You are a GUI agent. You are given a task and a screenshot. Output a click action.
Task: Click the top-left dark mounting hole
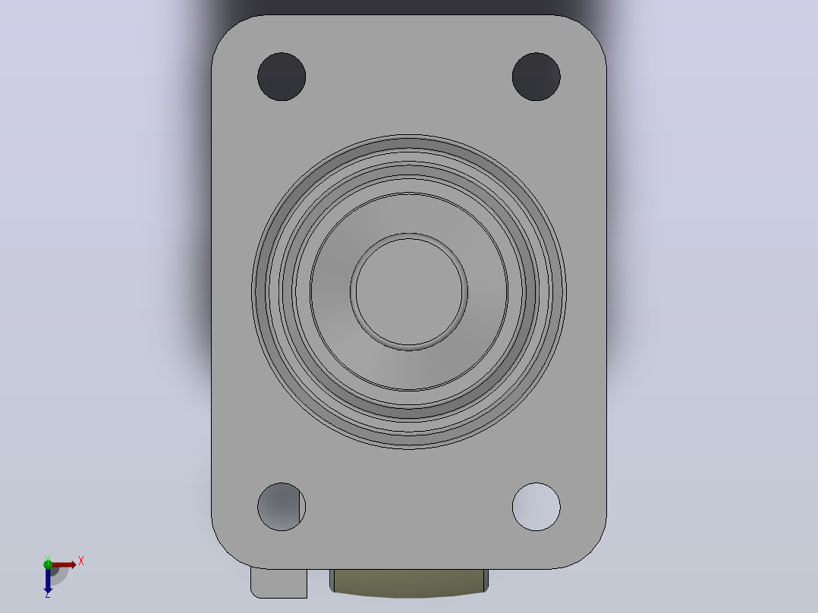(282, 77)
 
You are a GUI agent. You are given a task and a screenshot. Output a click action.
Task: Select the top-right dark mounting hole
(536, 77)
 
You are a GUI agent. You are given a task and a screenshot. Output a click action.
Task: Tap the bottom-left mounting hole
(282, 507)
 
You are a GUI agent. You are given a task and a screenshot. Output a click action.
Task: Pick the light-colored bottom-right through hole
(536, 507)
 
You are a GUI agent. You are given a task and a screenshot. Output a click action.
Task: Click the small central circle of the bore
(409, 291)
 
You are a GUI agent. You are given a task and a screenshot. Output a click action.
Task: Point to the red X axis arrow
(63, 564)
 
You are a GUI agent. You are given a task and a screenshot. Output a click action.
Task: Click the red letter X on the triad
(81, 561)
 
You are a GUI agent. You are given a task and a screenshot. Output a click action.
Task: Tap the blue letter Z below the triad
(48, 595)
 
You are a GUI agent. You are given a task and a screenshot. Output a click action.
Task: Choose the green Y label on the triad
(48, 558)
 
